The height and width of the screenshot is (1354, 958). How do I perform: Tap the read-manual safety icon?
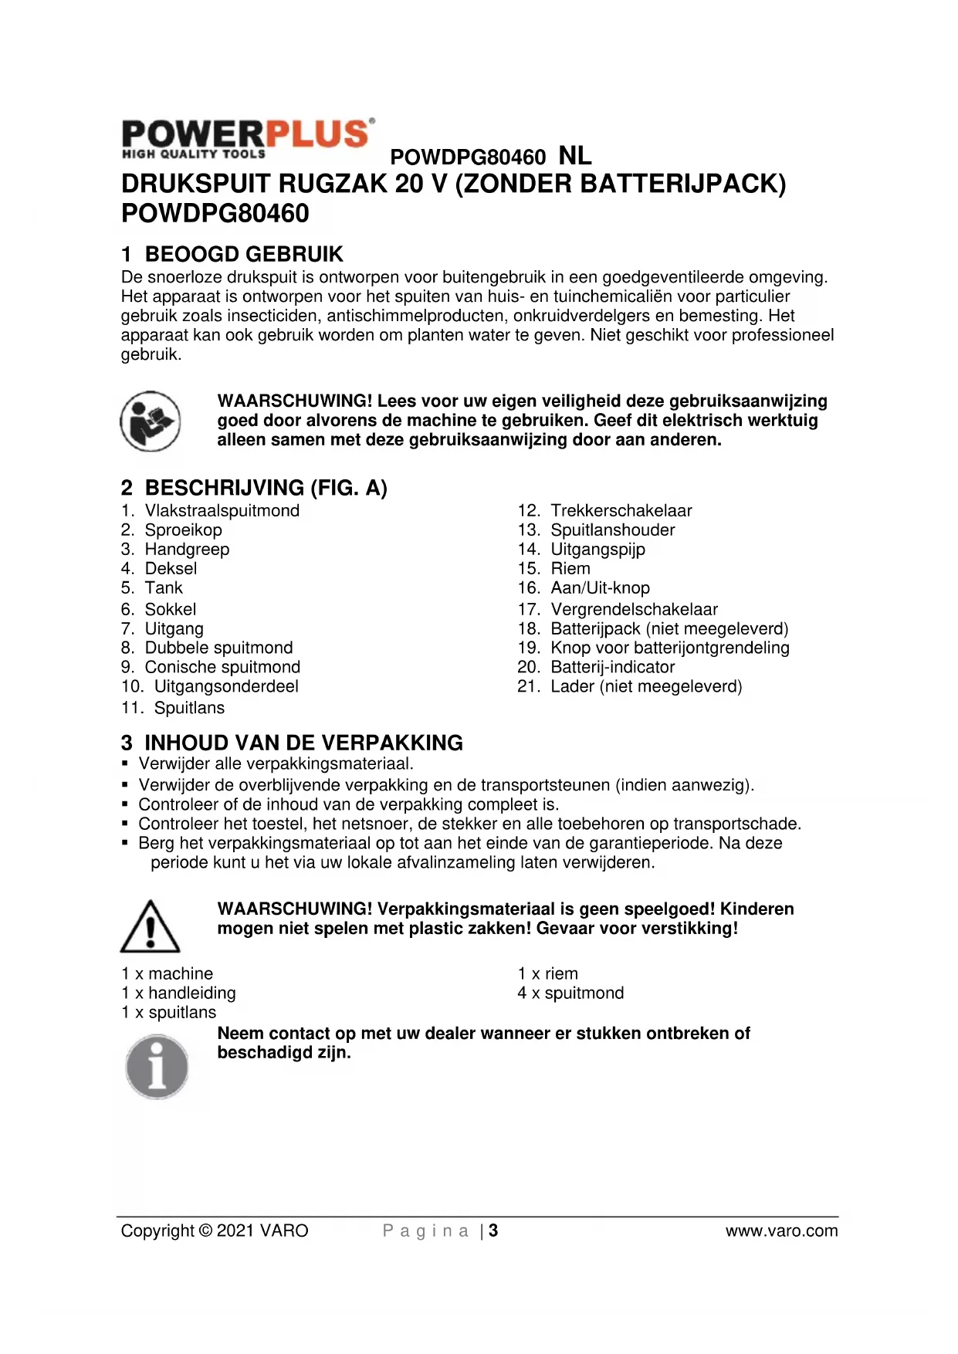(x=150, y=421)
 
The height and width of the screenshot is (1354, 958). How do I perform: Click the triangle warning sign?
(x=150, y=926)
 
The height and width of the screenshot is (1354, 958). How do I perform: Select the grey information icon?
(x=157, y=1067)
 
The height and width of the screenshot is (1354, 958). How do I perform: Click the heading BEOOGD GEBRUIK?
(x=243, y=254)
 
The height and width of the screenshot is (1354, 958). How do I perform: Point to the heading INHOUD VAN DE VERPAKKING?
(x=303, y=743)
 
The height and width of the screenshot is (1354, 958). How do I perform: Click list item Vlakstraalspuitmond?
(x=222, y=510)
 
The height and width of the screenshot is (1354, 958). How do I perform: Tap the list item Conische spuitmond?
(x=222, y=667)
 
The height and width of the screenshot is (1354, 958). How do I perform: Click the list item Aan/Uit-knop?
(x=600, y=588)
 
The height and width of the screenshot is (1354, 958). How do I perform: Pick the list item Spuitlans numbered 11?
(x=189, y=708)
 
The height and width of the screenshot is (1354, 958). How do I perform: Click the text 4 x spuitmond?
(x=570, y=993)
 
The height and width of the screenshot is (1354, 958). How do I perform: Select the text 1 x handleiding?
(x=178, y=993)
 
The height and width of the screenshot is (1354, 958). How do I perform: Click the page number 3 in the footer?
(x=493, y=1230)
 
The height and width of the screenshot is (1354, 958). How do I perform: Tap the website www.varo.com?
(x=781, y=1230)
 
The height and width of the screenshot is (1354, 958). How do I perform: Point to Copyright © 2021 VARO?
(x=215, y=1230)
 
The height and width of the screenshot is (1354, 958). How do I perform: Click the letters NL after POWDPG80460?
(x=574, y=156)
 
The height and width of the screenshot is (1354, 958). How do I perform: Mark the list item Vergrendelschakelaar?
(x=634, y=609)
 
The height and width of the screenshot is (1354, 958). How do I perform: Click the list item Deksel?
(x=171, y=568)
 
